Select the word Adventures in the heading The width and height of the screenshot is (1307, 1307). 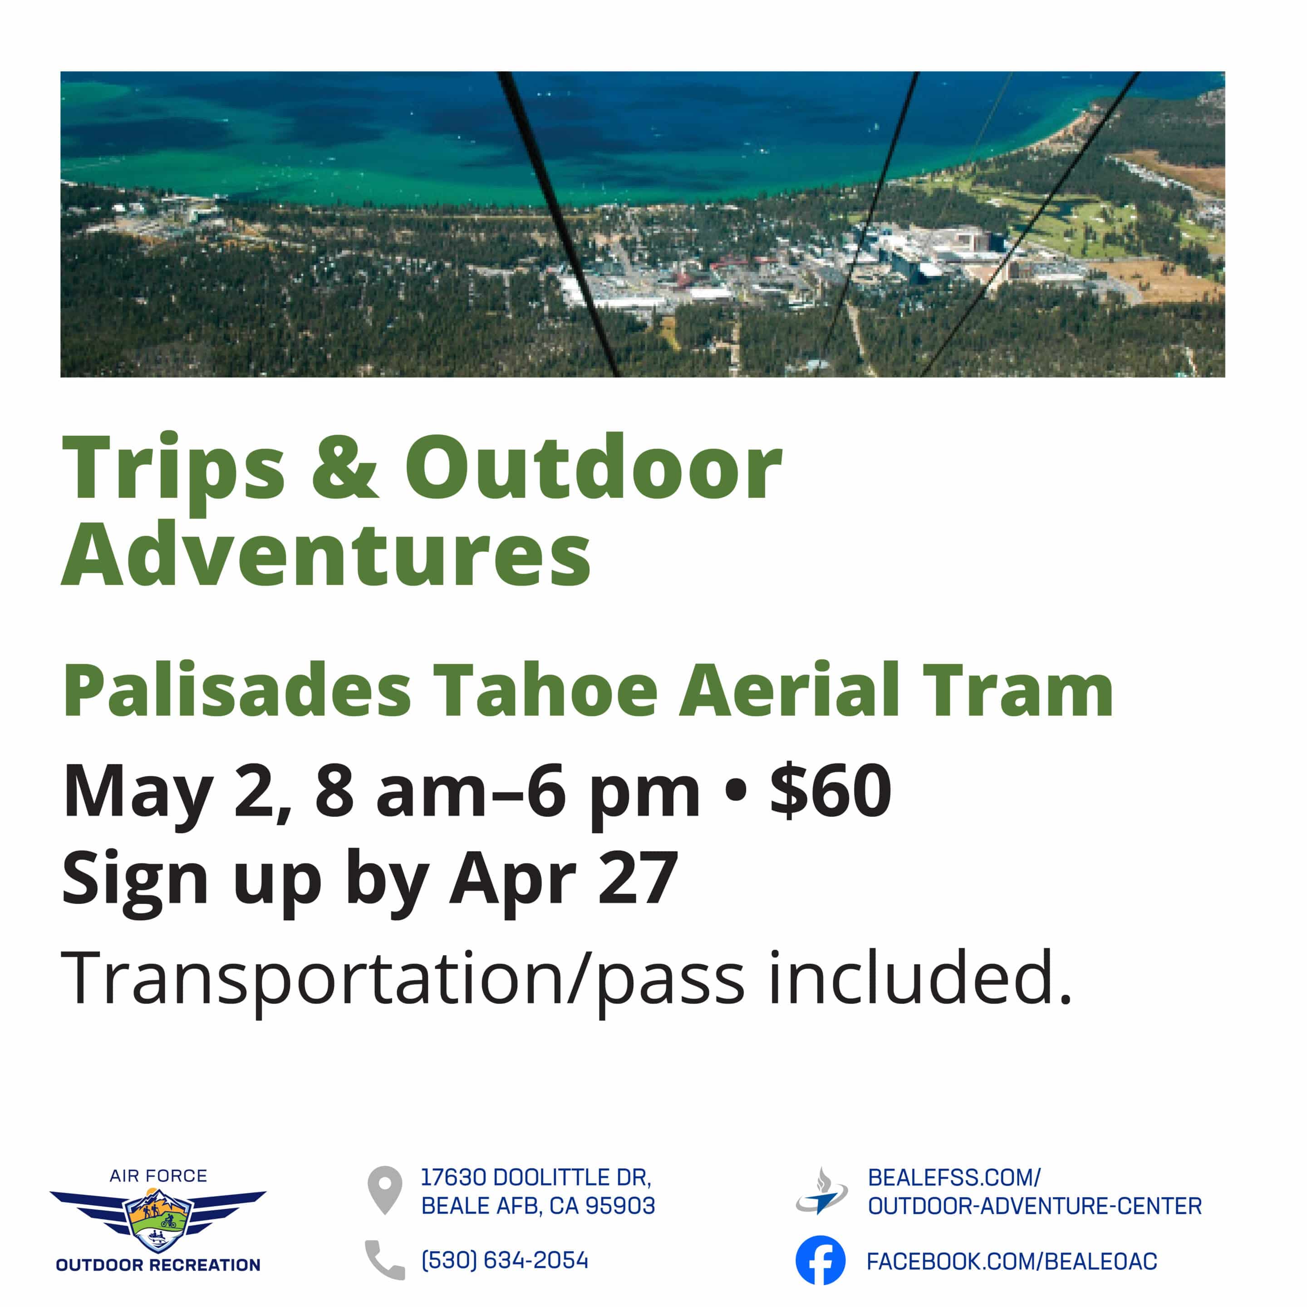click(x=327, y=555)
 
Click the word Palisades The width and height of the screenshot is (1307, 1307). click(x=237, y=690)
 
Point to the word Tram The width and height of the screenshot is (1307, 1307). click(x=1017, y=690)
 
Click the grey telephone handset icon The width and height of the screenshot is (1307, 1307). click(x=384, y=1260)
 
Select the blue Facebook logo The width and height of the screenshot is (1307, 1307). click(x=820, y=1260)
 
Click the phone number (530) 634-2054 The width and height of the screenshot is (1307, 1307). click(x=505, y=1260)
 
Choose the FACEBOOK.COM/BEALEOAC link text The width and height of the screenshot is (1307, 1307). click(x=1012, y=1261)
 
